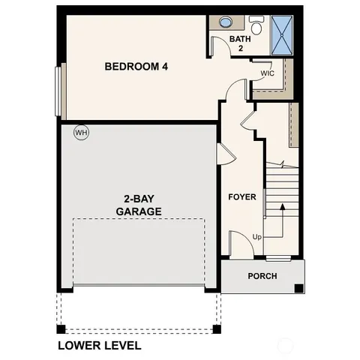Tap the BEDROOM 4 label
[136, 67]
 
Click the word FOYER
[242, 197]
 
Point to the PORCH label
[262, 276]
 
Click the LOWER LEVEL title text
[99, 346]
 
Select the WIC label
[268, 73]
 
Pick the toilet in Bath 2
[256, 28]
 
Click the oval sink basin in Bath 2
[225, 23]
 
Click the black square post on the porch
[298, 288]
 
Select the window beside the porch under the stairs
[278, 259]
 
